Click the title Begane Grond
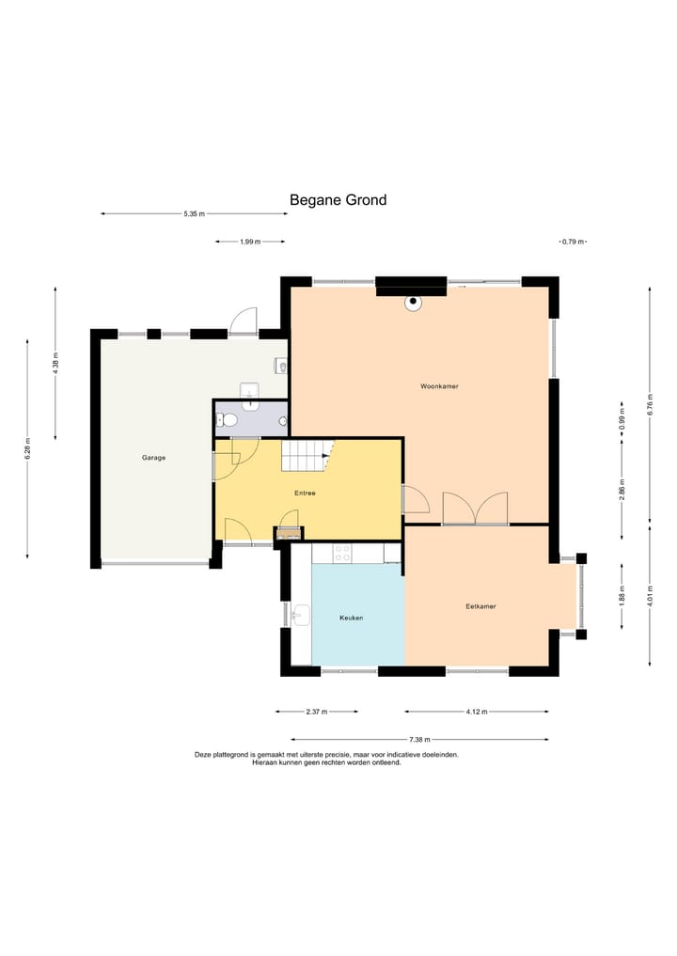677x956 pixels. [x=338, y=200]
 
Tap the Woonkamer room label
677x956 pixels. [x=439, y=386]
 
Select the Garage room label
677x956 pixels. [x=153, y=457]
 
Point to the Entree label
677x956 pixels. [x=305, y=493]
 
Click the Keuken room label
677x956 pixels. [x=352, y=618]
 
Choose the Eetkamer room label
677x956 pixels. [x=480, y=606]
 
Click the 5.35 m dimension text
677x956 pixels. [x=194, y=214]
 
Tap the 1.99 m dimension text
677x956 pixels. [x=250, y=242]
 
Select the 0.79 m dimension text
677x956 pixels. [x=573, y=242]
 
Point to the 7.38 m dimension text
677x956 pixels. [x=419, y=740]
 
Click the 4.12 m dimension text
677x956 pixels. [x=477, y=712]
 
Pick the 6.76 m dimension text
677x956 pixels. [x=650, y=405]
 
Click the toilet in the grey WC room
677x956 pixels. [x=227, y=419]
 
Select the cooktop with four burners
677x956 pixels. [x=342, y=554]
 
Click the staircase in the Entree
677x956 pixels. [x=307, y=456]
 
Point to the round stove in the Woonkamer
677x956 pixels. [x=414, y=303]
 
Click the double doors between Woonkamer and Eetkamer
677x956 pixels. [x=475, y=509]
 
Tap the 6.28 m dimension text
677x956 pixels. [x=27, y=448]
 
